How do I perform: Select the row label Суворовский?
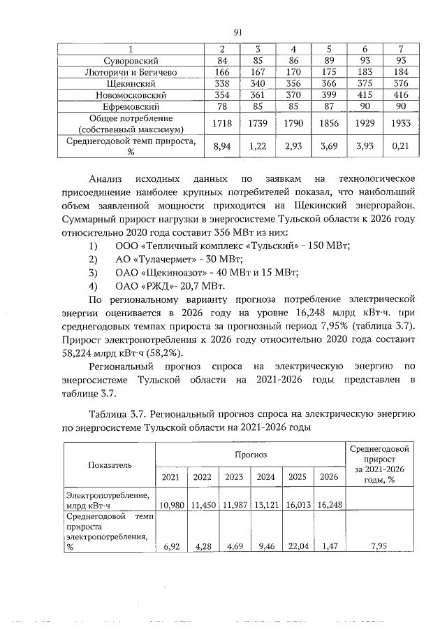pyautogui.click(x=127, y=60)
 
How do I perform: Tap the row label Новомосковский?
pyautogui.click(x=127, y=94)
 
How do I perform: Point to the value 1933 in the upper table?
pyautogui.click(x=399, y=123)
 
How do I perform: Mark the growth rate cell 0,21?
pyautogui.click(x=399, y=145)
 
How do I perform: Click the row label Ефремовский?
pyautogui.click(x=127, y=106)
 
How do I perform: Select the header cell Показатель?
pyautogui.click(x=109, y=464)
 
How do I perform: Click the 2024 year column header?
pyautogui.click(x=265, y=477)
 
